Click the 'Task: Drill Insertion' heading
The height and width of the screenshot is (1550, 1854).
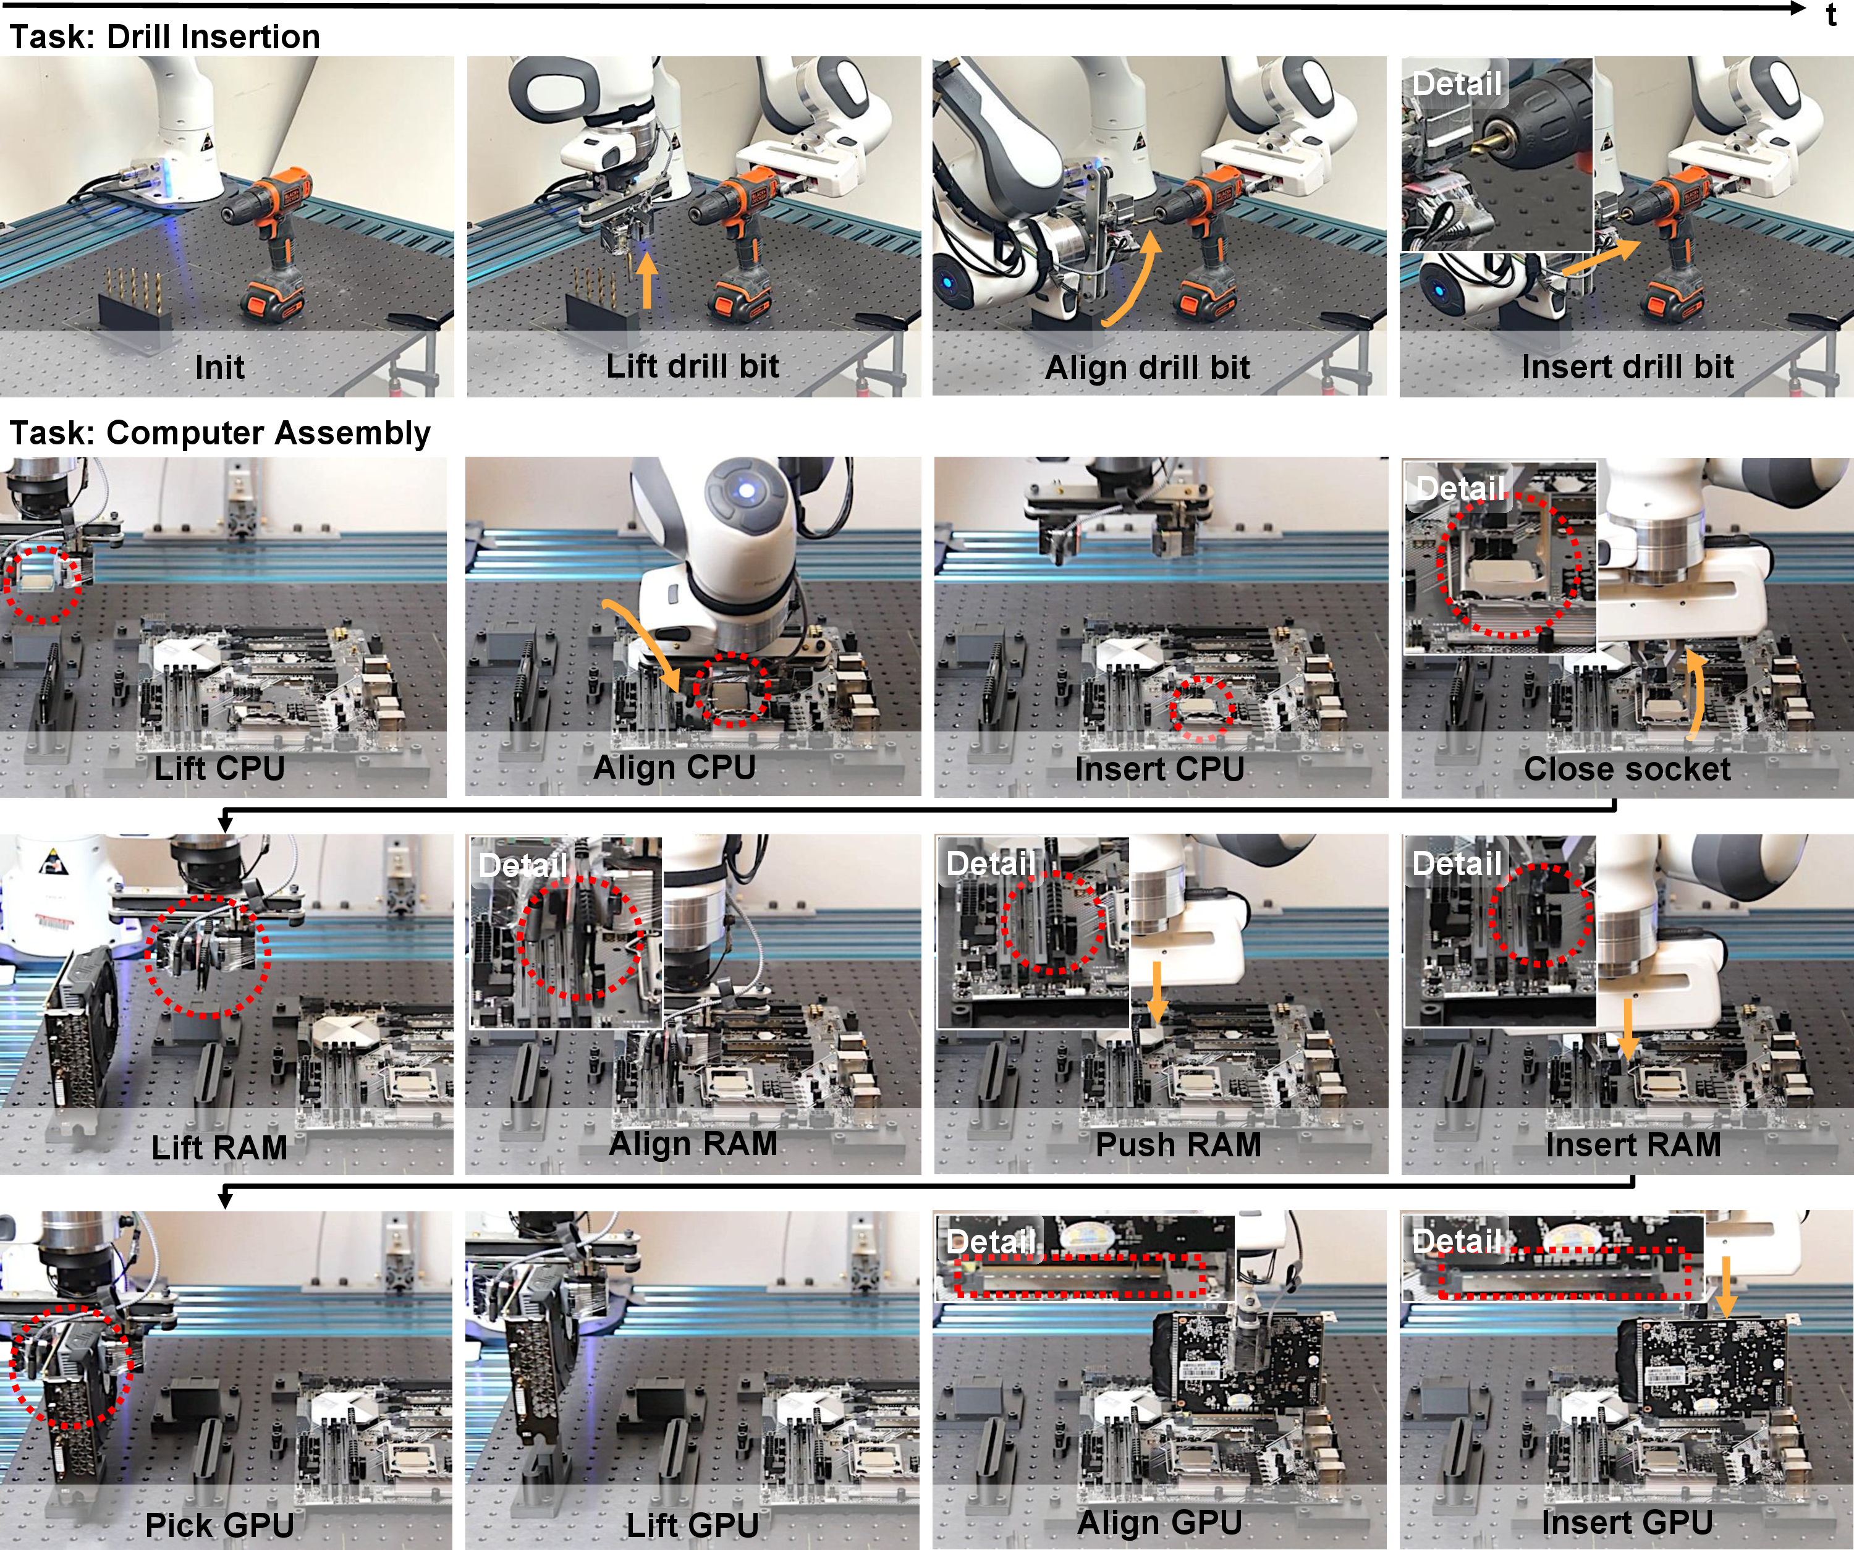(x=164, y=37)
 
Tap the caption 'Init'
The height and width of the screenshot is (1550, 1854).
(x=220, y=366)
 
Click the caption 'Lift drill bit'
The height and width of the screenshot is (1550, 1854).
(x=692, y=365)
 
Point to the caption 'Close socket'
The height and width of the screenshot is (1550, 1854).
(x=1627, y=769)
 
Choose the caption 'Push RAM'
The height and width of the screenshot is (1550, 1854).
(x=1179, y=1145)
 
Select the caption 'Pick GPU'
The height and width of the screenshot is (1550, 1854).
(x=219, y=1525)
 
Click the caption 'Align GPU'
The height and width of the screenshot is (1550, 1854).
(x=1160, y=1523)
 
